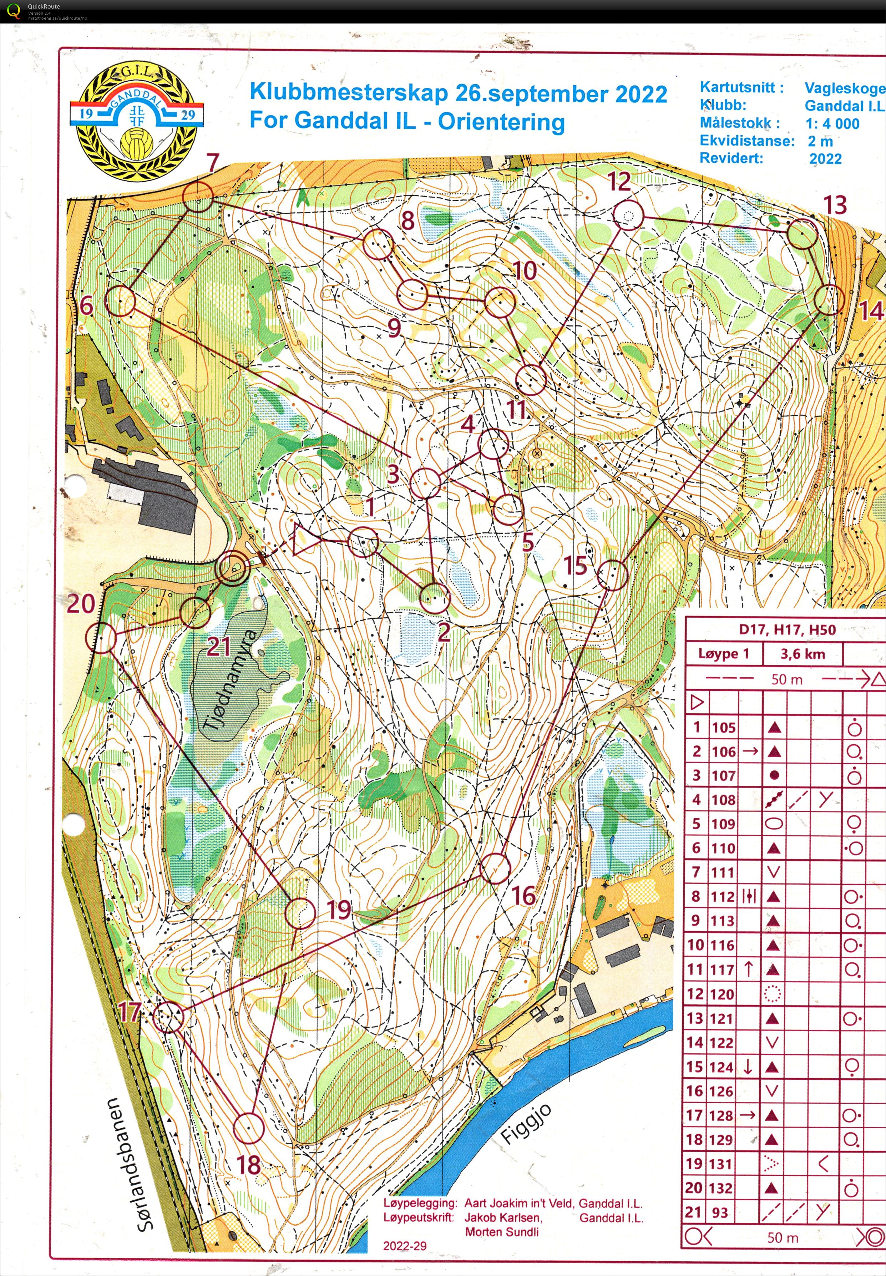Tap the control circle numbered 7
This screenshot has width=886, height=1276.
[x=198, y=198]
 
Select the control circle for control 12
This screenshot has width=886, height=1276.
[x=628, y=216]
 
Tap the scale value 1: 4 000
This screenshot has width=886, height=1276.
[x=832, y=124]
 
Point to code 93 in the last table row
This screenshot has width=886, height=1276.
[x=720, y=1213]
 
